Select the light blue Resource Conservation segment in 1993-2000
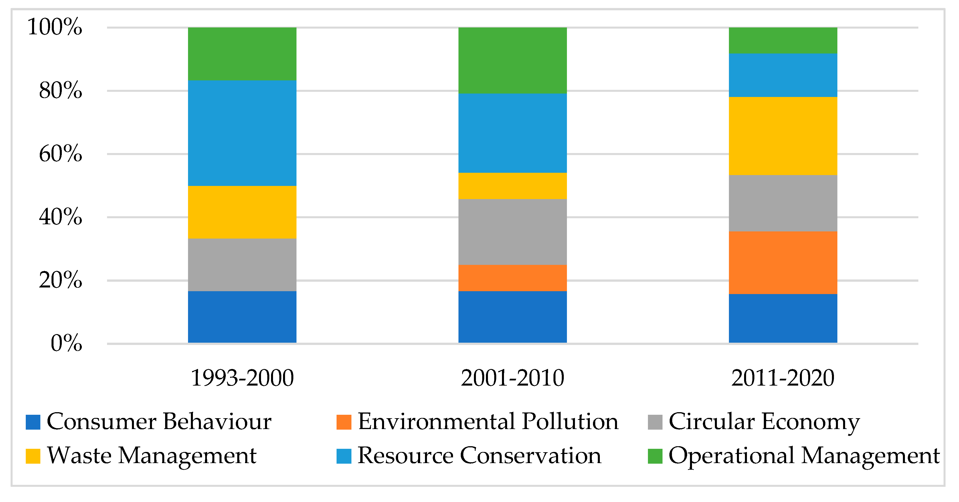pos(242,133)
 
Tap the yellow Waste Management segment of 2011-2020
pos(783,136)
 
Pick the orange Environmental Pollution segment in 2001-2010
pos(512,278)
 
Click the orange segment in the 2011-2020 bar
pos(783,262)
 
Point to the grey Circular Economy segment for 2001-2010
pos(512,232)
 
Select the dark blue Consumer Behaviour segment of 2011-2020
pos(783,318)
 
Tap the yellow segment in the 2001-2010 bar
pos(512,186)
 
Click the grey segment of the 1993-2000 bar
pos(242,265)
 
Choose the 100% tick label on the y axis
pos(55,27)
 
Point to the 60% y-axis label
pos(60,154)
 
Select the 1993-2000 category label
pos(242,378)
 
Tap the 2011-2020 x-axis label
pos(783,378)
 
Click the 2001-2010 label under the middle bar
pos(512,378)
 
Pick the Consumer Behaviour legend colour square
pos(33,422)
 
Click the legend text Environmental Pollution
pos(488,422)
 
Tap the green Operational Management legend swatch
pos(655,456)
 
